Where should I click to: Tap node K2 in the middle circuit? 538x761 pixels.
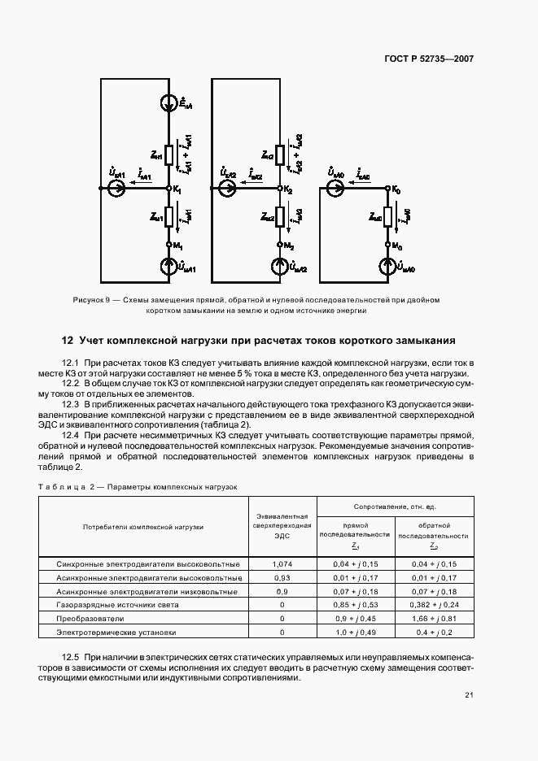point(279,189)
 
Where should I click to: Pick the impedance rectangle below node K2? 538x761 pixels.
point(279,216)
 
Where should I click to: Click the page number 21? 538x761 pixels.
point(469,694)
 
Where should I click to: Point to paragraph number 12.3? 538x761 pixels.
point(70,403)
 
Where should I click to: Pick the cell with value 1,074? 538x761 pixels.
point(282,563)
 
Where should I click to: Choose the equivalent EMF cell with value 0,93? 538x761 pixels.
point(282,577)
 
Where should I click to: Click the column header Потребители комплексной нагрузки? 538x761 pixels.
point(142,527)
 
